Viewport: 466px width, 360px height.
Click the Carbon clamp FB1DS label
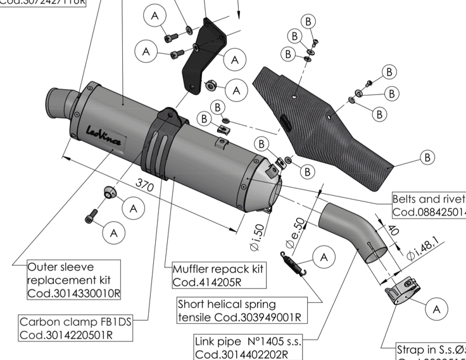pos(75,328)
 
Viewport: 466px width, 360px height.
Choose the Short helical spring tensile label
pos(239,310)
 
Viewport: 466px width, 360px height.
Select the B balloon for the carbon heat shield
pos(428,157)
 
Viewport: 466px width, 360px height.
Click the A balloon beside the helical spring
pos(324,257)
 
